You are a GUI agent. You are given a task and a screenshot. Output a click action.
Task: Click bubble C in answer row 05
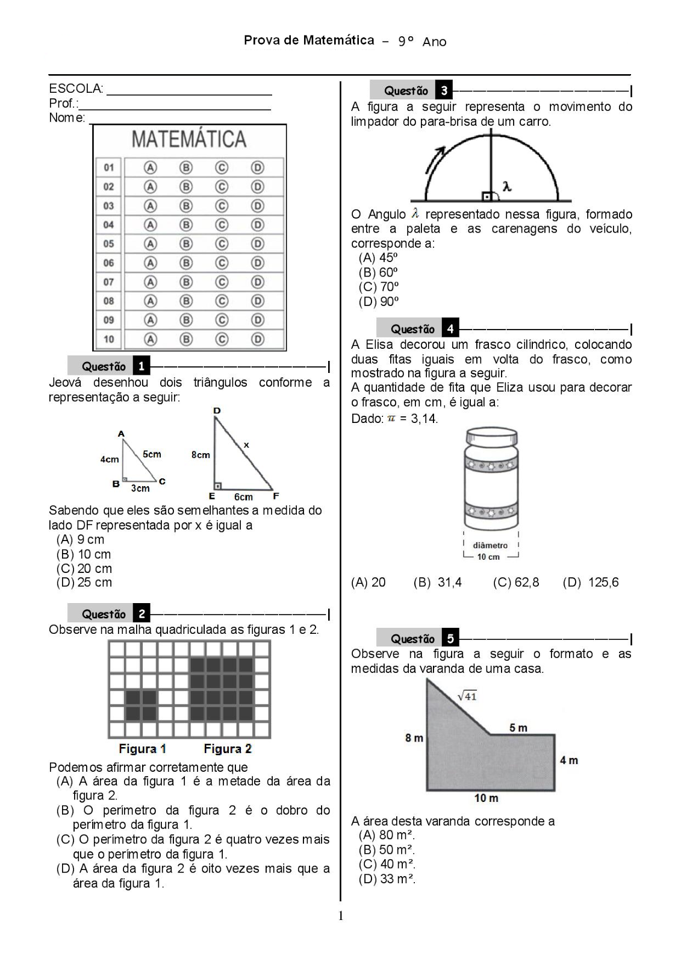[222, 244]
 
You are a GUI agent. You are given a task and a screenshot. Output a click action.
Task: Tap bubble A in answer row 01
[150, 167]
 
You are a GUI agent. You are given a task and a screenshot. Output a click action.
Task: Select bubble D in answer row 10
[258, 339]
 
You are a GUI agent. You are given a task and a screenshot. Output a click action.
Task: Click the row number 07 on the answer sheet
[108, 282]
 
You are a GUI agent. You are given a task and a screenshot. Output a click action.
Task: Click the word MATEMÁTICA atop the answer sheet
[189, 139]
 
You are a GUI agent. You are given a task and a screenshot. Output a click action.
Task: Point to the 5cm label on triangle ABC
[152, 454]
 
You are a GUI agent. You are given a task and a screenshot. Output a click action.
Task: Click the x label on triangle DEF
[246, 445]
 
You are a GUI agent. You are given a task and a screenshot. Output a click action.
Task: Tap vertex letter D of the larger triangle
[217, 410]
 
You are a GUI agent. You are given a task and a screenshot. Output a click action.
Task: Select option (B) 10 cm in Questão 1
[84, 554]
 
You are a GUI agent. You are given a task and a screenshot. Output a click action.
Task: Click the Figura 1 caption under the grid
[142, 749]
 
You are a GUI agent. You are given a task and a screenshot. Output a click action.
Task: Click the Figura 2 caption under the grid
[228, 749]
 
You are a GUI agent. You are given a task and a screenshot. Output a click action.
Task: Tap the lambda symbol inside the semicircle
[507, 187]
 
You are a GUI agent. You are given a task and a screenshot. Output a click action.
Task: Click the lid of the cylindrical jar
[491, 436]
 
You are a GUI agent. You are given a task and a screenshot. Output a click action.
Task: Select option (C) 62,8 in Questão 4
[516, 583]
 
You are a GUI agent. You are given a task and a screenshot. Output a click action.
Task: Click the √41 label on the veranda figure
[467, 696]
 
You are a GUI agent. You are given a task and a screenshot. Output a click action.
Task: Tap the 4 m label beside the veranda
[568, 760]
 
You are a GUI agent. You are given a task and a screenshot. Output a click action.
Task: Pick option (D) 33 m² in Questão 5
[387, 879]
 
